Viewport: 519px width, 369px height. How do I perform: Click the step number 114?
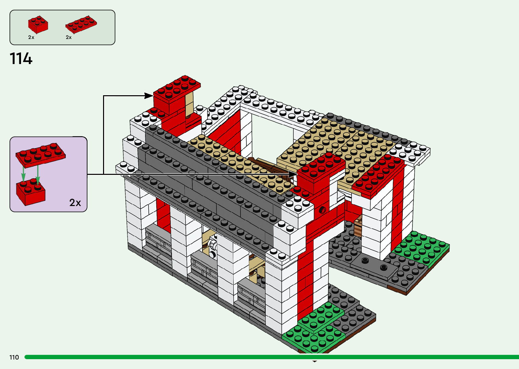[x=21, y=59]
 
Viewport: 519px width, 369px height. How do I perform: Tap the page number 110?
[x=14, y=357]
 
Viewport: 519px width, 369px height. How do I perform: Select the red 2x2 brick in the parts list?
[x=38, y=25]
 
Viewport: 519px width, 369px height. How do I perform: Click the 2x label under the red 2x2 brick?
[x=31, y=37]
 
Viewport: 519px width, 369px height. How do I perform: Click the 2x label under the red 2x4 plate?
[x=69, y=37]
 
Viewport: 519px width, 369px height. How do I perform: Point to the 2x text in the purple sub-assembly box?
[x=75, y=203]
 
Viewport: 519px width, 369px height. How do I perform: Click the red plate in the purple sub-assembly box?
[x=41, y=155]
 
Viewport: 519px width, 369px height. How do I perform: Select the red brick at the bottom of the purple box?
[x=31, y=192]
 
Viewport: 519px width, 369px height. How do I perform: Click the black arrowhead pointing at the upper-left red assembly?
[x=148, y=96]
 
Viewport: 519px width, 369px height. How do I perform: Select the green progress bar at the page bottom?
[x=271, y=357]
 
